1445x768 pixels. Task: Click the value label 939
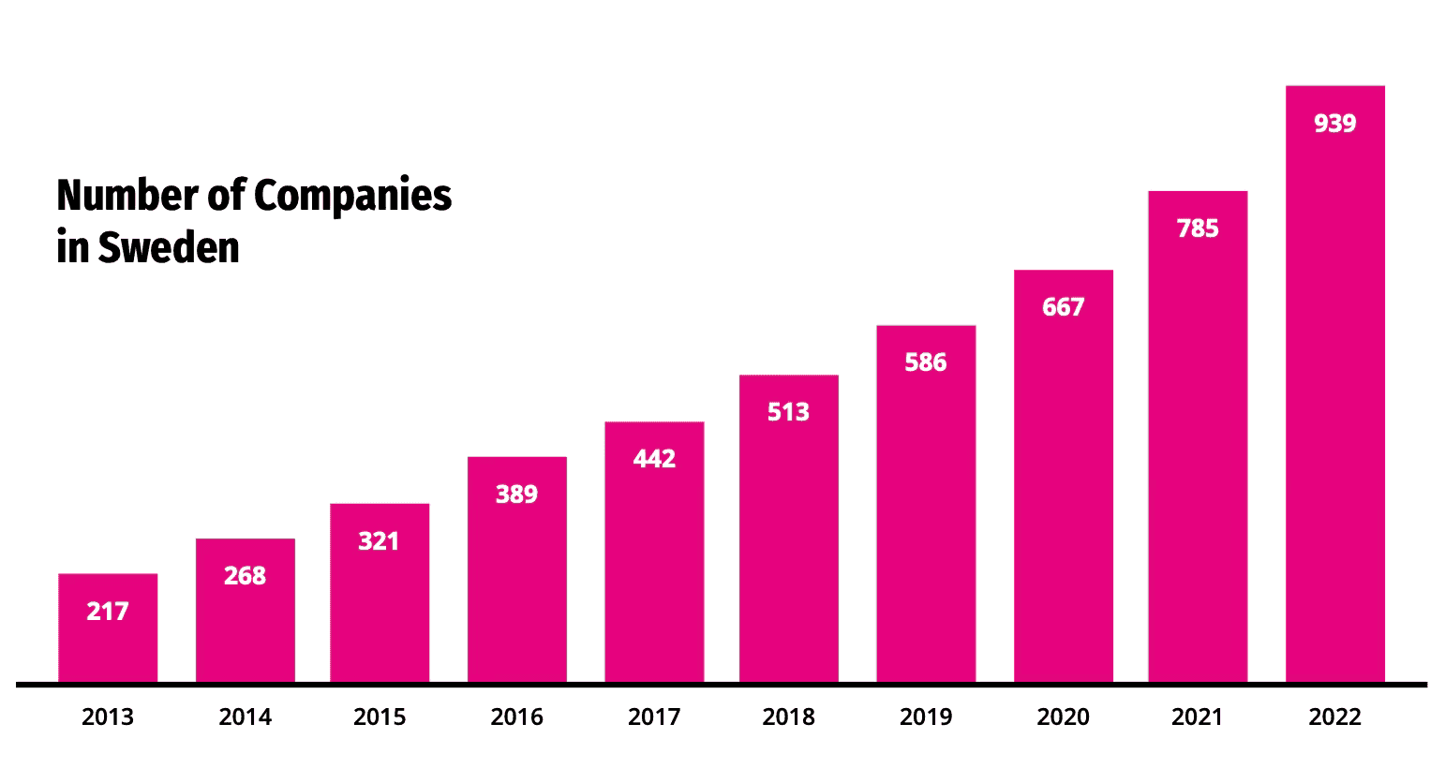(1334, 124)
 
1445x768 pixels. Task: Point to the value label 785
(1198, 229)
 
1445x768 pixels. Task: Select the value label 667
(1063, 307)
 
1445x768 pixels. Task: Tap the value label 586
(926, 362)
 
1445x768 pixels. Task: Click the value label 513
(788, 412)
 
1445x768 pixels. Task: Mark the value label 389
(516, 495)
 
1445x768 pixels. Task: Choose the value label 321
(379, 541)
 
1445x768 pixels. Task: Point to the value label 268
(245, 576)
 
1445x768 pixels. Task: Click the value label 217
(108, 612)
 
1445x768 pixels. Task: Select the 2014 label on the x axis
(245, 717)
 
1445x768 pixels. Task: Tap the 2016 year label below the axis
(516, 717)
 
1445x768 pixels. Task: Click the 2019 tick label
(926, 717)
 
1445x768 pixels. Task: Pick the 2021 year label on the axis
(1198, 717)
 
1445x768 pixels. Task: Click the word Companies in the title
(353, 196)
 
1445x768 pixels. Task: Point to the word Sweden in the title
(169, 248)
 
